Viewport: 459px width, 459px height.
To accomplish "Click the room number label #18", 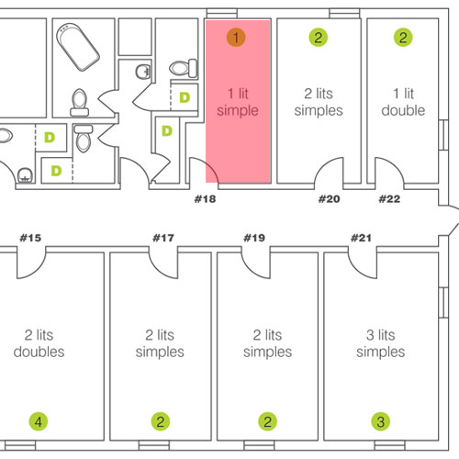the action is [205, 199].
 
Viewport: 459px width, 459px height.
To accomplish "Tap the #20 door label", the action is [329, 199].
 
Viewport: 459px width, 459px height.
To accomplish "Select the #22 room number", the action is [389, 199].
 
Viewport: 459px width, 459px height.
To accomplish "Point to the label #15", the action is [30, 238].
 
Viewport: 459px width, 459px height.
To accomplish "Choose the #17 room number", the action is [163, 238].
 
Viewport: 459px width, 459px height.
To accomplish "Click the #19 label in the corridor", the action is [254, 238].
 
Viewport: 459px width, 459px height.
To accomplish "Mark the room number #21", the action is [361, 238].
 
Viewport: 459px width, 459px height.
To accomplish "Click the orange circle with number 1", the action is [236, 38].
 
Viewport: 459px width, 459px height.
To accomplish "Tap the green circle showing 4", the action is [39, 421].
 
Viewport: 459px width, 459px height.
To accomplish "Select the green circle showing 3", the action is [381, 421].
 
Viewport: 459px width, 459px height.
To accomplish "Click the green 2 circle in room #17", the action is [161, 421].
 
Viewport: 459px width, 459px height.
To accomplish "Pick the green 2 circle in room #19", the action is [267, 421].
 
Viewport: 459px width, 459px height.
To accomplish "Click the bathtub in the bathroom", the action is [78, 48].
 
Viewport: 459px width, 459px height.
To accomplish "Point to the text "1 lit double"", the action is [403, 102].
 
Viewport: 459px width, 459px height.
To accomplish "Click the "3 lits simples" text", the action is [381, 343].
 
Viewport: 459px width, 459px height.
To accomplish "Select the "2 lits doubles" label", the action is [39, 343].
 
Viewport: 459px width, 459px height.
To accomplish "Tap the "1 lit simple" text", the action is [238, 102].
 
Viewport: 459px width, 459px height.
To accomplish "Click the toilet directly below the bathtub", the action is [80, 103].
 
